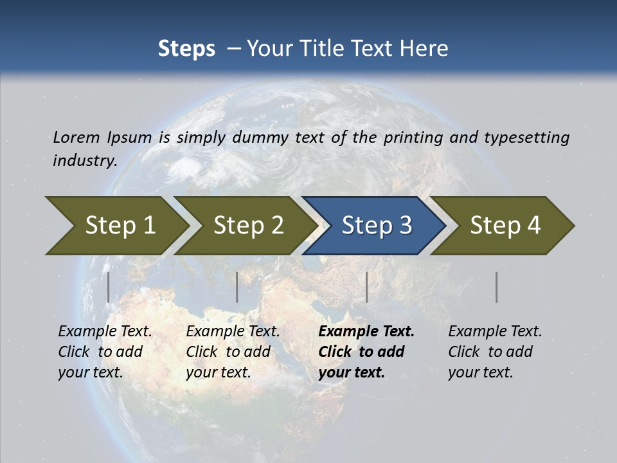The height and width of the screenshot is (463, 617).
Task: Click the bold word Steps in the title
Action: [x=186, y=49]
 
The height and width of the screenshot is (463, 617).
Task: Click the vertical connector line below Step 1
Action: [x=109, y=287]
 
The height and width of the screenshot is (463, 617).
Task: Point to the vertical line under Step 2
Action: [x=237, y=287]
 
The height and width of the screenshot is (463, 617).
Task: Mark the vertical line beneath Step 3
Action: [x=366, y=287]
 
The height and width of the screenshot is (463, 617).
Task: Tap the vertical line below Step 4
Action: [x=497, y=287]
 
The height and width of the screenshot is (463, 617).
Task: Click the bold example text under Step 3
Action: [x=366, y=352]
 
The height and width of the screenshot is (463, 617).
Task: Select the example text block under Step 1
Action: [x=105, y=352]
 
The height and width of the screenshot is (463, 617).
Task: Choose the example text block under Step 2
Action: [x=233, y=352]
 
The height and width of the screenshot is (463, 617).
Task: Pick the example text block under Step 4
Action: [x=495, y=352]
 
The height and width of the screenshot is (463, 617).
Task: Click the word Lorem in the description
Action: [x=76, y=138]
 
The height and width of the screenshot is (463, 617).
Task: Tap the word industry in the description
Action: [x=85, y=160]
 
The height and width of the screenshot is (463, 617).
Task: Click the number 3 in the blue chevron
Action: [x=405, y=226]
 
